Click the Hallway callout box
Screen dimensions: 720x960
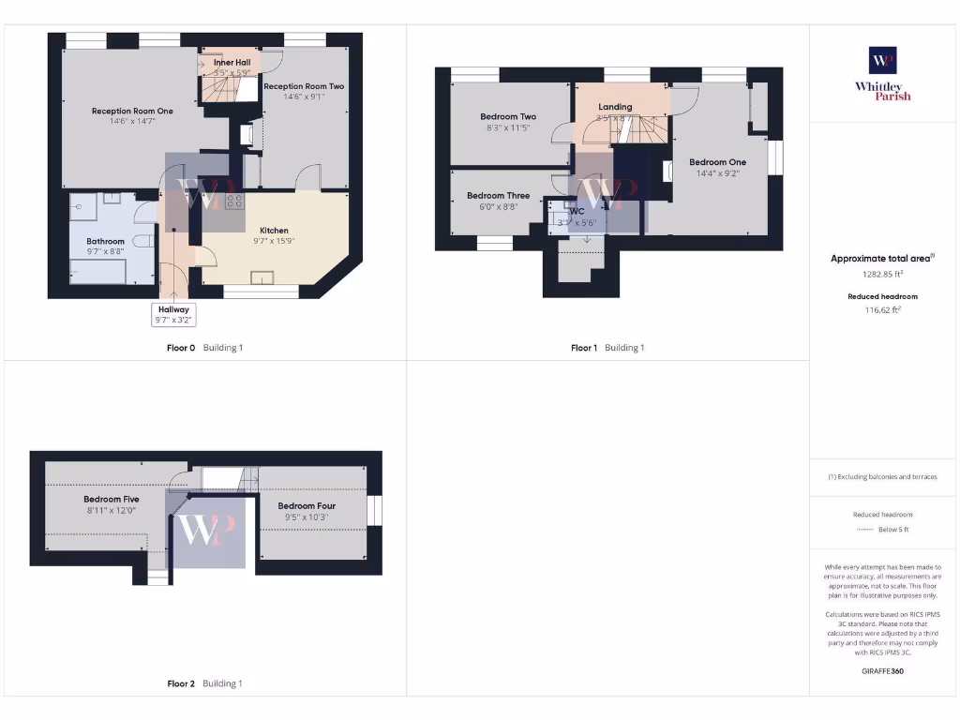coord(173,314)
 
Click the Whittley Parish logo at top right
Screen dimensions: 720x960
coord(882,73)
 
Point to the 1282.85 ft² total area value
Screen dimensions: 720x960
coord(882,275)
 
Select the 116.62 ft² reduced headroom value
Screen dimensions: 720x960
coord(882,308)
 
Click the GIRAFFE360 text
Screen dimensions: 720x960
coord(882,671)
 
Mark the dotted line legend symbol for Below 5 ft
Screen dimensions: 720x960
coord(864,530)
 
